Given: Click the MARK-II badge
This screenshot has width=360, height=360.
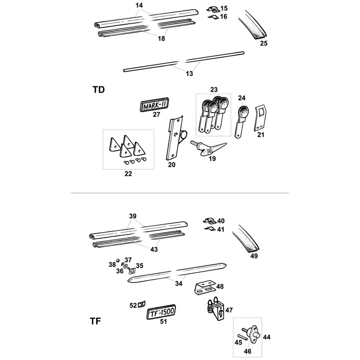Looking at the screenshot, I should (155, 104).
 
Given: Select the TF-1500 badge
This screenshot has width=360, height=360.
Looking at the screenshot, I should (161, 312).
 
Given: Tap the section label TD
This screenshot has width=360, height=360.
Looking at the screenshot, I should (98, 89).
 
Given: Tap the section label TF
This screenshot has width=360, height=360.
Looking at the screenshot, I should (95, 322).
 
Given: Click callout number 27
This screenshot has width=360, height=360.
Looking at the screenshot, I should (157, 115).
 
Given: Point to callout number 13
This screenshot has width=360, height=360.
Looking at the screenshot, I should (189, 74).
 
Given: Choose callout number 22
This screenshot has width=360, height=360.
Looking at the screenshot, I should (128, 174).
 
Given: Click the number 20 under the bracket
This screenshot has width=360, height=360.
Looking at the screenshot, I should (172, 165).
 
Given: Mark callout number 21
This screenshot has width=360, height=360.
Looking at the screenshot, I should (260, 135).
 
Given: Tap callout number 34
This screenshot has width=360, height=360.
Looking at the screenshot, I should (178, 282).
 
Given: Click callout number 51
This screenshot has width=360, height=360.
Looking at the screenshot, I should (164, 322).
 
